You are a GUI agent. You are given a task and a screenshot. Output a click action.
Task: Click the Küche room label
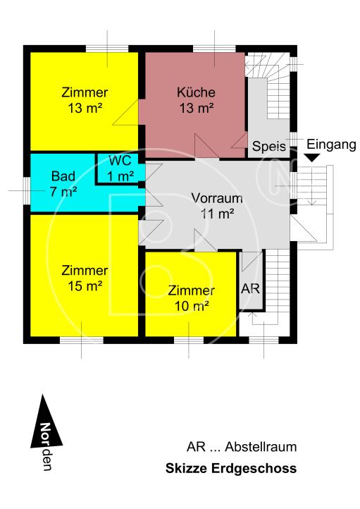[x=196, y=99]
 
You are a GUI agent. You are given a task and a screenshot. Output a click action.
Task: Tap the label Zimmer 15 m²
[x=85, y=278]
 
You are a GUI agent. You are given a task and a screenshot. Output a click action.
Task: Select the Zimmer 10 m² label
[x=191, y=298]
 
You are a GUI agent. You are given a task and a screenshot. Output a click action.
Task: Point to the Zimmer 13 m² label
[x=85, y=99]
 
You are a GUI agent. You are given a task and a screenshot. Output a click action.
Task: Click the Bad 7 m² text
[x=64, y=182]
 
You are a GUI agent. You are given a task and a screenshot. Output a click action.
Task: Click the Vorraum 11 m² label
[x=217, y=204]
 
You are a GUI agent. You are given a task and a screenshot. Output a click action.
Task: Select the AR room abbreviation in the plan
[x=251, y=289]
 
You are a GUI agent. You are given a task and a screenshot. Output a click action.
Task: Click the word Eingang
[x=330, y=145]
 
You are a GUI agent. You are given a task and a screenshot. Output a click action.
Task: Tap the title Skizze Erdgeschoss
[x=230, y=468]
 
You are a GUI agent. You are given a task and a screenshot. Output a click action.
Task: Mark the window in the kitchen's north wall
[x=215, y=49]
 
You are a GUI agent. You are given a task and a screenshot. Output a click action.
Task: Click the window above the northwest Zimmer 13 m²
[x=106, y=49]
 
